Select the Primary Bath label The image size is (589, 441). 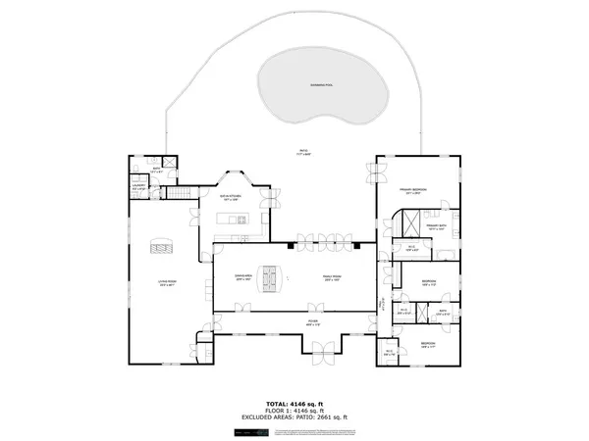coord(436,227)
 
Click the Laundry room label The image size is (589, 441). coord(139,186)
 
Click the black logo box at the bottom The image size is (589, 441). coord(242,432)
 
